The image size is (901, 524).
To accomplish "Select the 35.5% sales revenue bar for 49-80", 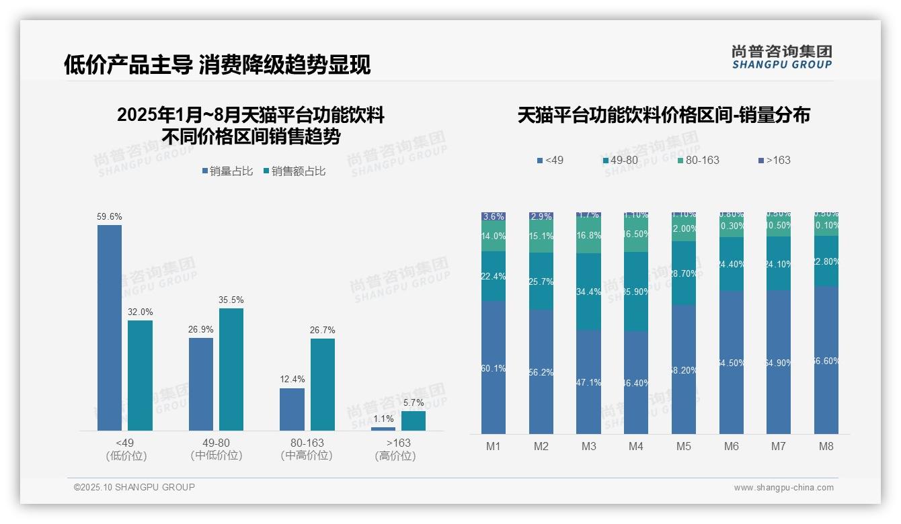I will pos(231,369).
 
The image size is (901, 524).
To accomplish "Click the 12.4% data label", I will pos(292,380).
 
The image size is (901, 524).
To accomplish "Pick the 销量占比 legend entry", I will pos(227,171).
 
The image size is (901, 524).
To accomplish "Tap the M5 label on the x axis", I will pos(684,446).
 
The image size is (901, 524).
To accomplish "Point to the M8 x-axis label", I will pos(826,446).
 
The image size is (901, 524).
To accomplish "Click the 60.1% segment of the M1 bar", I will pos(494,367).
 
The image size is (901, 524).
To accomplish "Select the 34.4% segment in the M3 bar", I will pos(589,292).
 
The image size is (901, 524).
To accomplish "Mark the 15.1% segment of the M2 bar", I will pos(541,237).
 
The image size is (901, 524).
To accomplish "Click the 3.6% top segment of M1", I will pos(494,216).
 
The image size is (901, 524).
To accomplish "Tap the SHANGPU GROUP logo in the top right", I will pos(781,57).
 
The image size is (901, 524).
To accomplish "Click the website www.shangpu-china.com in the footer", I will pos(783,488).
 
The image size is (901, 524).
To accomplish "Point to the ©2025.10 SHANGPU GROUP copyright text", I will pos(134,487).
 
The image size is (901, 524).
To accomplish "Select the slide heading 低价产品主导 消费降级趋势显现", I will pos(217,65).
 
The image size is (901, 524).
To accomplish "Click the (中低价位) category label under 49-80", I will pos(217,455).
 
